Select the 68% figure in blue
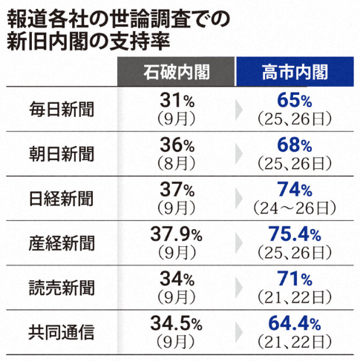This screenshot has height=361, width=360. [295, 144]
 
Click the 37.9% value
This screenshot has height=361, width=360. [176, 234]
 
